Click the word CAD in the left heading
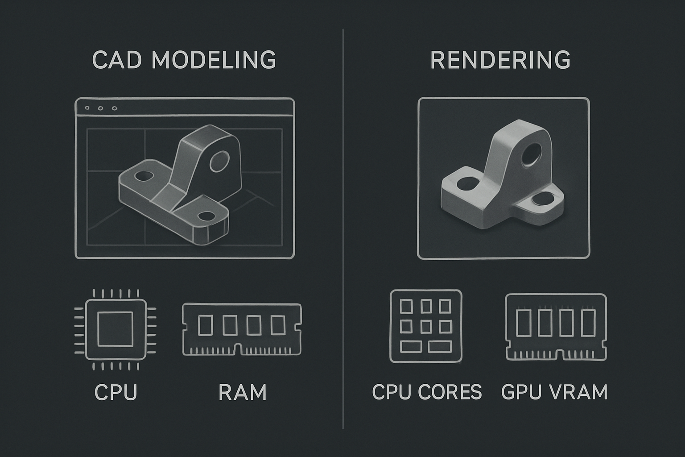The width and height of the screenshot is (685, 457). point(117,59)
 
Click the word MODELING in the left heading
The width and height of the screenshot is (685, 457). point(214,59)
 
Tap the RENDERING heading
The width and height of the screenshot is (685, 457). point(500,59)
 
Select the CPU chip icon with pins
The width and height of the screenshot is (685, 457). point(116,329)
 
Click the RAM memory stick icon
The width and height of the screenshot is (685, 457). point(242,329)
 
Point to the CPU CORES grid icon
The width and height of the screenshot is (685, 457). point(426,326)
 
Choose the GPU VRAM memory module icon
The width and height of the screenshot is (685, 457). point(556,327)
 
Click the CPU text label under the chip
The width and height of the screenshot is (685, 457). point(116,392)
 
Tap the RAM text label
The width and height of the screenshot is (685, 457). point(243,392)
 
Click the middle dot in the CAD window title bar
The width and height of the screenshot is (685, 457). point(100,108)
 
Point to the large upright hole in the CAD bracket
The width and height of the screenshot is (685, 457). point(219,161)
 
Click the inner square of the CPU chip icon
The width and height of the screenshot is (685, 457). point(116,329)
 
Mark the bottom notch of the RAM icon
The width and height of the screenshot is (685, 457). point(237,349)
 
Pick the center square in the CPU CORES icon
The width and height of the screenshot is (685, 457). point(426,327)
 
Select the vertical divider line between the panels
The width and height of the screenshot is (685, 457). point(343,228)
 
